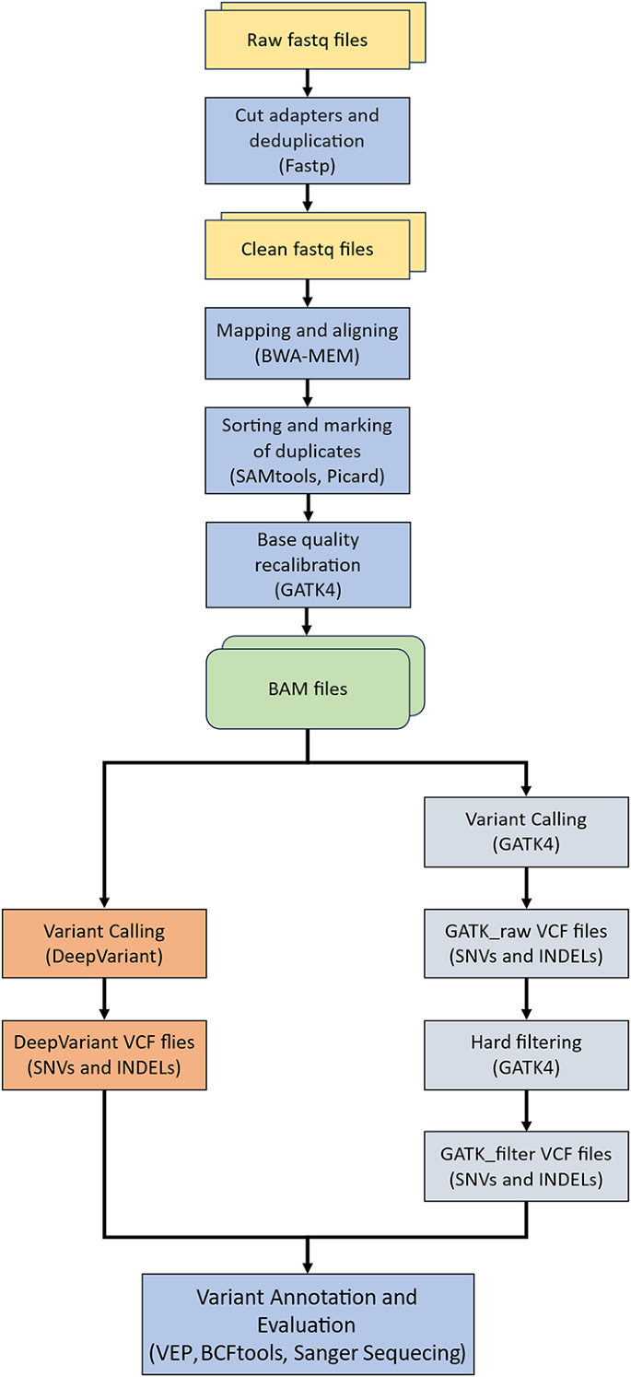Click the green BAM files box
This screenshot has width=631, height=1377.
307,688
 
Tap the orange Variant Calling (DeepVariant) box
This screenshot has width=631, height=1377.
103,943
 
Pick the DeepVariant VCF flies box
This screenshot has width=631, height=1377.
103,1053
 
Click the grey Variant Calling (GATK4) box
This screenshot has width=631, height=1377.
526,831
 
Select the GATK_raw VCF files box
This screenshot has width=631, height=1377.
526,943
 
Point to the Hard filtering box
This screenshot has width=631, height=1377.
526,1053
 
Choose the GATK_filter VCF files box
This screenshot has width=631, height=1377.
526,1165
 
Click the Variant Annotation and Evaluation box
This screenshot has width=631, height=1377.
307,1324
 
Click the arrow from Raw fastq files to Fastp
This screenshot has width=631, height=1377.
307,81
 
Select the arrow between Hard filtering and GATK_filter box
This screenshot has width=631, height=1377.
526,1109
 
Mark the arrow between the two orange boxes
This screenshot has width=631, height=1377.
103,998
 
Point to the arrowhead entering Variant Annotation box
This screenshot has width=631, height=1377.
307,1266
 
